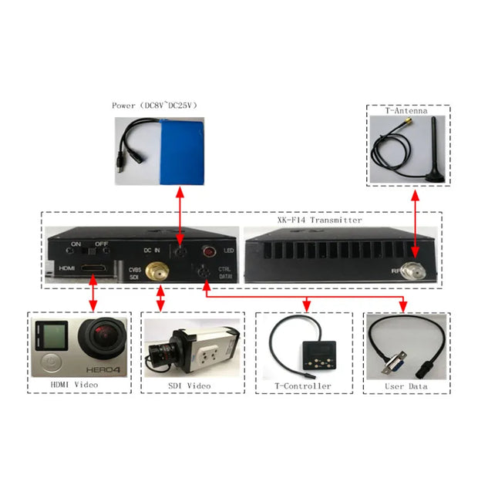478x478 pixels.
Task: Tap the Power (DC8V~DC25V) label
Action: pyautogui.click(x=154, y=106)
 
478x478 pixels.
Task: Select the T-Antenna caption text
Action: pyautogui.click(x=406, y=110)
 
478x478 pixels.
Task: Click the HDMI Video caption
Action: pyautogui.click(x=75, y=385)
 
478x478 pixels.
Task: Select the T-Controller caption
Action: pyautogui.click(x=304, y=385)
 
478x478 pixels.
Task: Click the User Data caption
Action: pyautogui.click(x=406, y=385)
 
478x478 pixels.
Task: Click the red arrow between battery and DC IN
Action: pyautogui.click(x=179, y=216)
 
